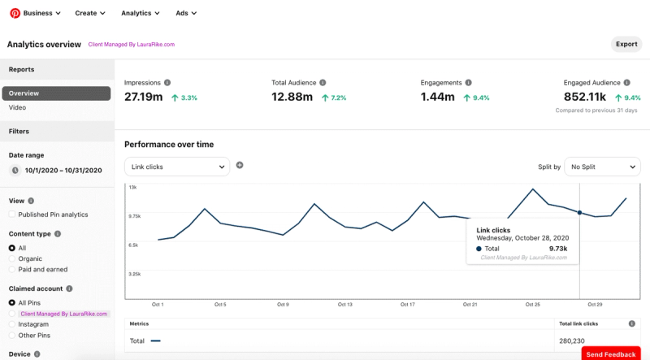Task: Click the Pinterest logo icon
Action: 14,13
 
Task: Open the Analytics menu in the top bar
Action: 140,13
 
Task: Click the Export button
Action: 626,44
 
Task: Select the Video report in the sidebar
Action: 17,107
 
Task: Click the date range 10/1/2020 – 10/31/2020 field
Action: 63,171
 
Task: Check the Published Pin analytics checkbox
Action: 12,215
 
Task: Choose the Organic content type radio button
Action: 12,258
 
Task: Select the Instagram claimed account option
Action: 12,323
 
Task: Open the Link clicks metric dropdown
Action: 176,167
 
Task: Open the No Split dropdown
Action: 602,167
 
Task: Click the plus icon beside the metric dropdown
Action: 240,165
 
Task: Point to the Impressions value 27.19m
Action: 144,97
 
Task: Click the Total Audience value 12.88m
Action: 292,97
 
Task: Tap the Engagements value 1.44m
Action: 438,97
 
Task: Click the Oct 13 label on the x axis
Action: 344,305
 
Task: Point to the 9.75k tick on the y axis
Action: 134,216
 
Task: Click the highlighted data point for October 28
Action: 579,213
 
